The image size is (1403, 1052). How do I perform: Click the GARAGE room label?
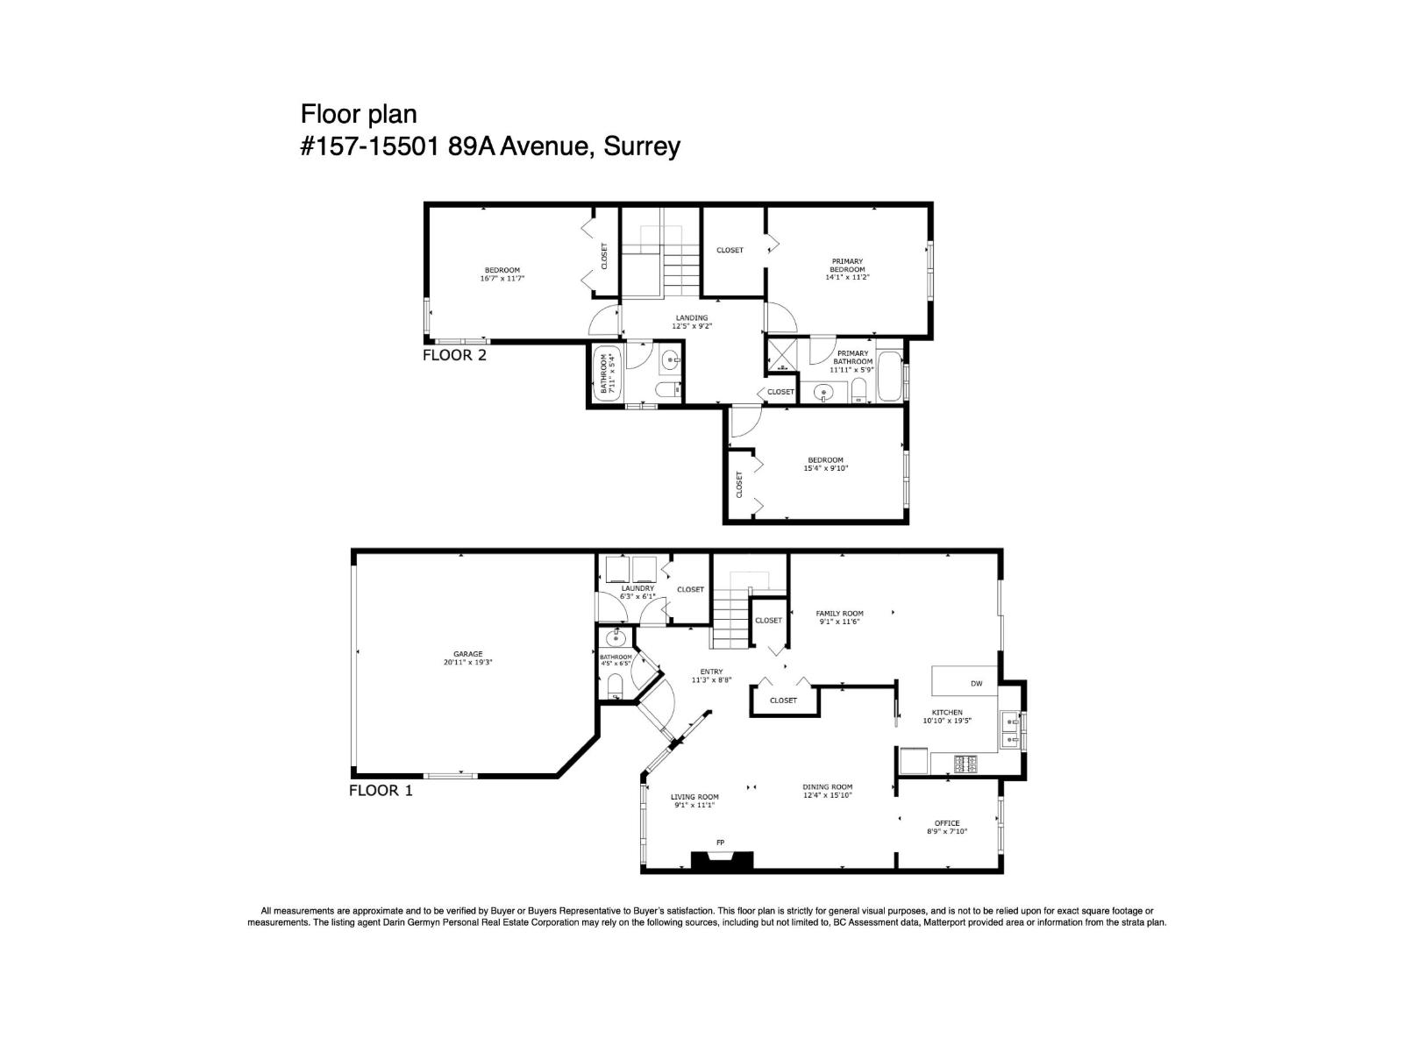[x=467, y=654]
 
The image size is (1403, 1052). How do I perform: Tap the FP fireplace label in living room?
[x=720, y=842]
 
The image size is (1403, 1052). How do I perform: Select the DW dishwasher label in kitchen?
[x=976, y=683]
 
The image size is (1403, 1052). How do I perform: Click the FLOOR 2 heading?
[x=454, y=355]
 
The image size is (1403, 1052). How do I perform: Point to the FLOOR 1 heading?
[x=381, y=790]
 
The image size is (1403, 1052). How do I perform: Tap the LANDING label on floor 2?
[x=691, y=318]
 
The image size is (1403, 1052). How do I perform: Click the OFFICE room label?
[x=947, y=823]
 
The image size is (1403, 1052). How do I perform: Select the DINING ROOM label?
[x=827, y=787]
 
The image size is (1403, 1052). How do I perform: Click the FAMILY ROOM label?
[x=839, y=614]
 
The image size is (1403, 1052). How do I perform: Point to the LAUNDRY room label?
[x=637, y=588]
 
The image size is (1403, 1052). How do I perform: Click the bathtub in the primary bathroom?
[x=889, y=375]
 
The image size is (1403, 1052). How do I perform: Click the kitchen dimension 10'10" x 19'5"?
[x=947, y=721]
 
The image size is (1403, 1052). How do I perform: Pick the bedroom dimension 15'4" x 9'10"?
[x=825, y=468]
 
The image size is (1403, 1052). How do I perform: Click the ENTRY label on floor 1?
[x=711, y=672]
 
